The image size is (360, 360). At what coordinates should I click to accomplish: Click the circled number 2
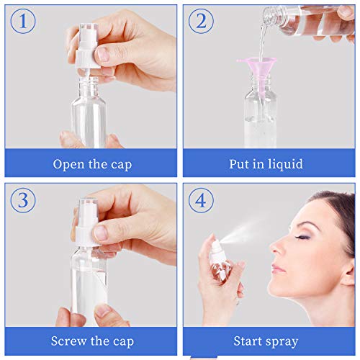coord(202,20)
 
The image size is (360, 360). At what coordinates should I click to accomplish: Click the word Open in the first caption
coord(68,163)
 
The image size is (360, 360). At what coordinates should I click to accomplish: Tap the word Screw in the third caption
coord(70,341)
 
